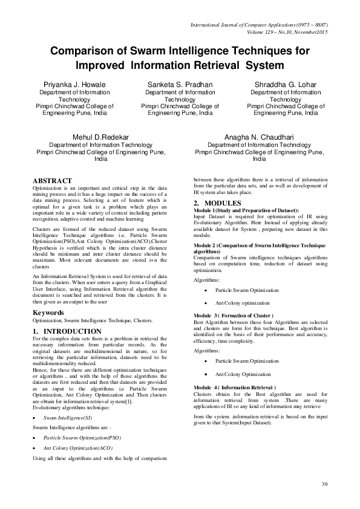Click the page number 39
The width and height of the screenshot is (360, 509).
[324, 484]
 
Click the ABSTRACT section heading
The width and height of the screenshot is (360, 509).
[52, 181]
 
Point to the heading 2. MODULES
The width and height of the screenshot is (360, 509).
[217, 202]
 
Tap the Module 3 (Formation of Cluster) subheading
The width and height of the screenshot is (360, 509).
[234, 316]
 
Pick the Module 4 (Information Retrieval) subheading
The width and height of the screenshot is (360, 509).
[235, 387]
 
